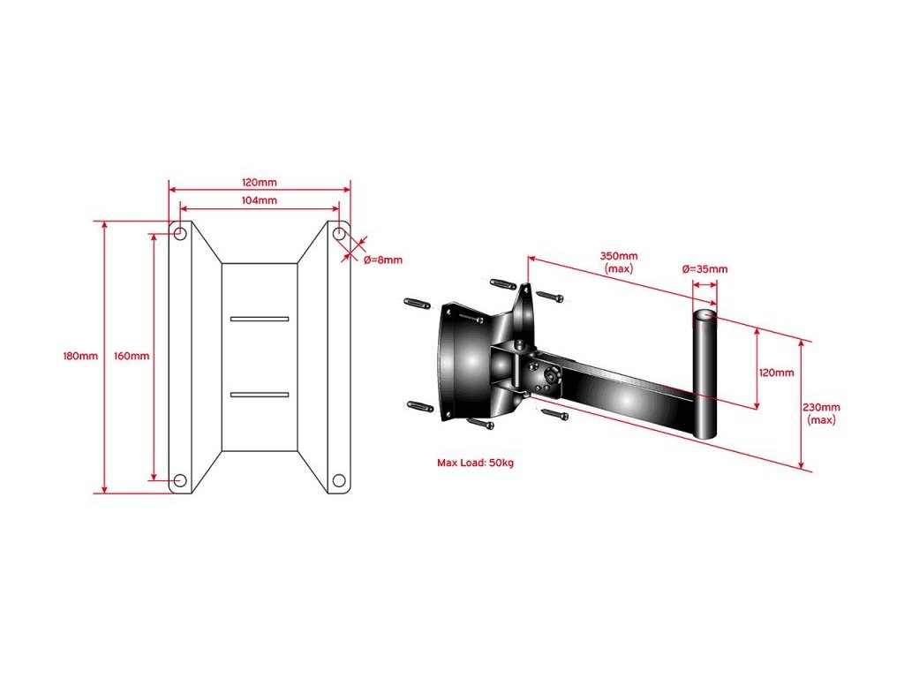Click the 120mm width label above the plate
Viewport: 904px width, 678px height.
click(260, 182)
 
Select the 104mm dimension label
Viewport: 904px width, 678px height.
click(260, 200)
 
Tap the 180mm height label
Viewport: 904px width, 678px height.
click(79, 357)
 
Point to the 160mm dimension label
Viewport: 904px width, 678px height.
click(132, 357)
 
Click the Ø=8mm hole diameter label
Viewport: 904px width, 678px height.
click(383, 260)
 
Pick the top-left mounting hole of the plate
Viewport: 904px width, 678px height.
click(180, 234)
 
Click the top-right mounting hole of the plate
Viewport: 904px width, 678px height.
click(339, 234)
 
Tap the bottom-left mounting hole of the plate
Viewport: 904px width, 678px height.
click(180, 480)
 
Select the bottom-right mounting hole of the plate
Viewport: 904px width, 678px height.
click(339, 480)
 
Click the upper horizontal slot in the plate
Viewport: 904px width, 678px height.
click(260, 318)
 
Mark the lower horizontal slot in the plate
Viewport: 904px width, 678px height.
click(260, 394)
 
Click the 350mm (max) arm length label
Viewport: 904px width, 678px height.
click(618, 262)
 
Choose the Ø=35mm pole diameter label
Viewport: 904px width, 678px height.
click(705, 269)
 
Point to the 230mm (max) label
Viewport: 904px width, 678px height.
click(822, 413)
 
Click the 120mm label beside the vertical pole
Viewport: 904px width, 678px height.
click(776, 373)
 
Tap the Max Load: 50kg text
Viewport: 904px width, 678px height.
click(475, 463)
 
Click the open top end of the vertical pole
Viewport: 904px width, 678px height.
click(704, 314)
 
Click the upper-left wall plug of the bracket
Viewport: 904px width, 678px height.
click(418, 303)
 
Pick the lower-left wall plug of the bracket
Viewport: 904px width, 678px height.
click(419, 405)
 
